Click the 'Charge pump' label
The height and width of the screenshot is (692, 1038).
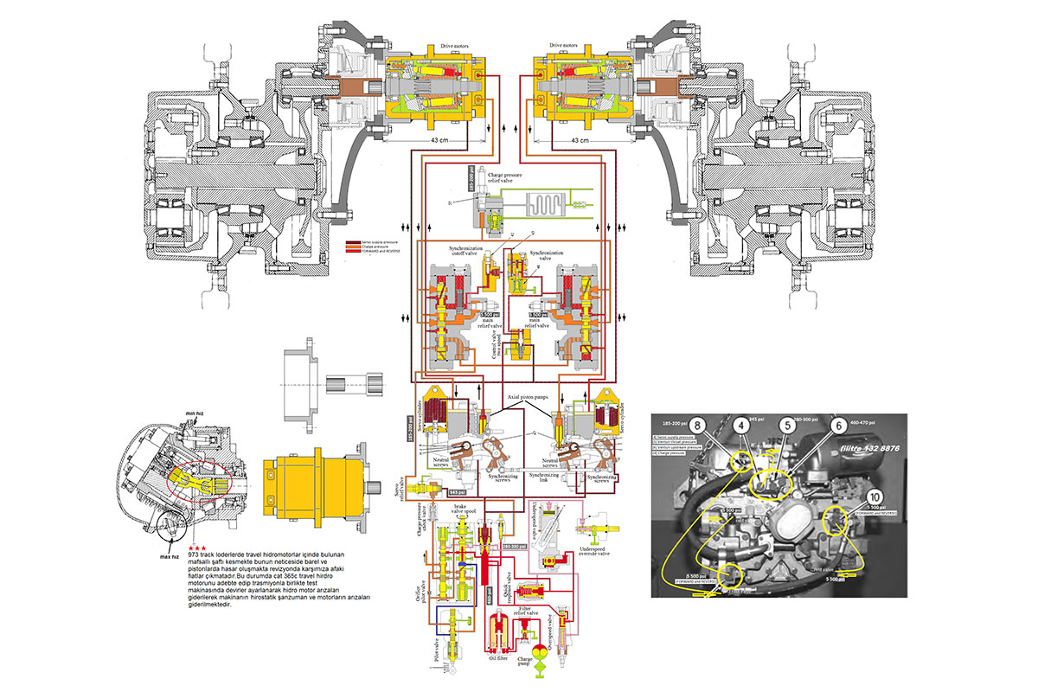[524, 662]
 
